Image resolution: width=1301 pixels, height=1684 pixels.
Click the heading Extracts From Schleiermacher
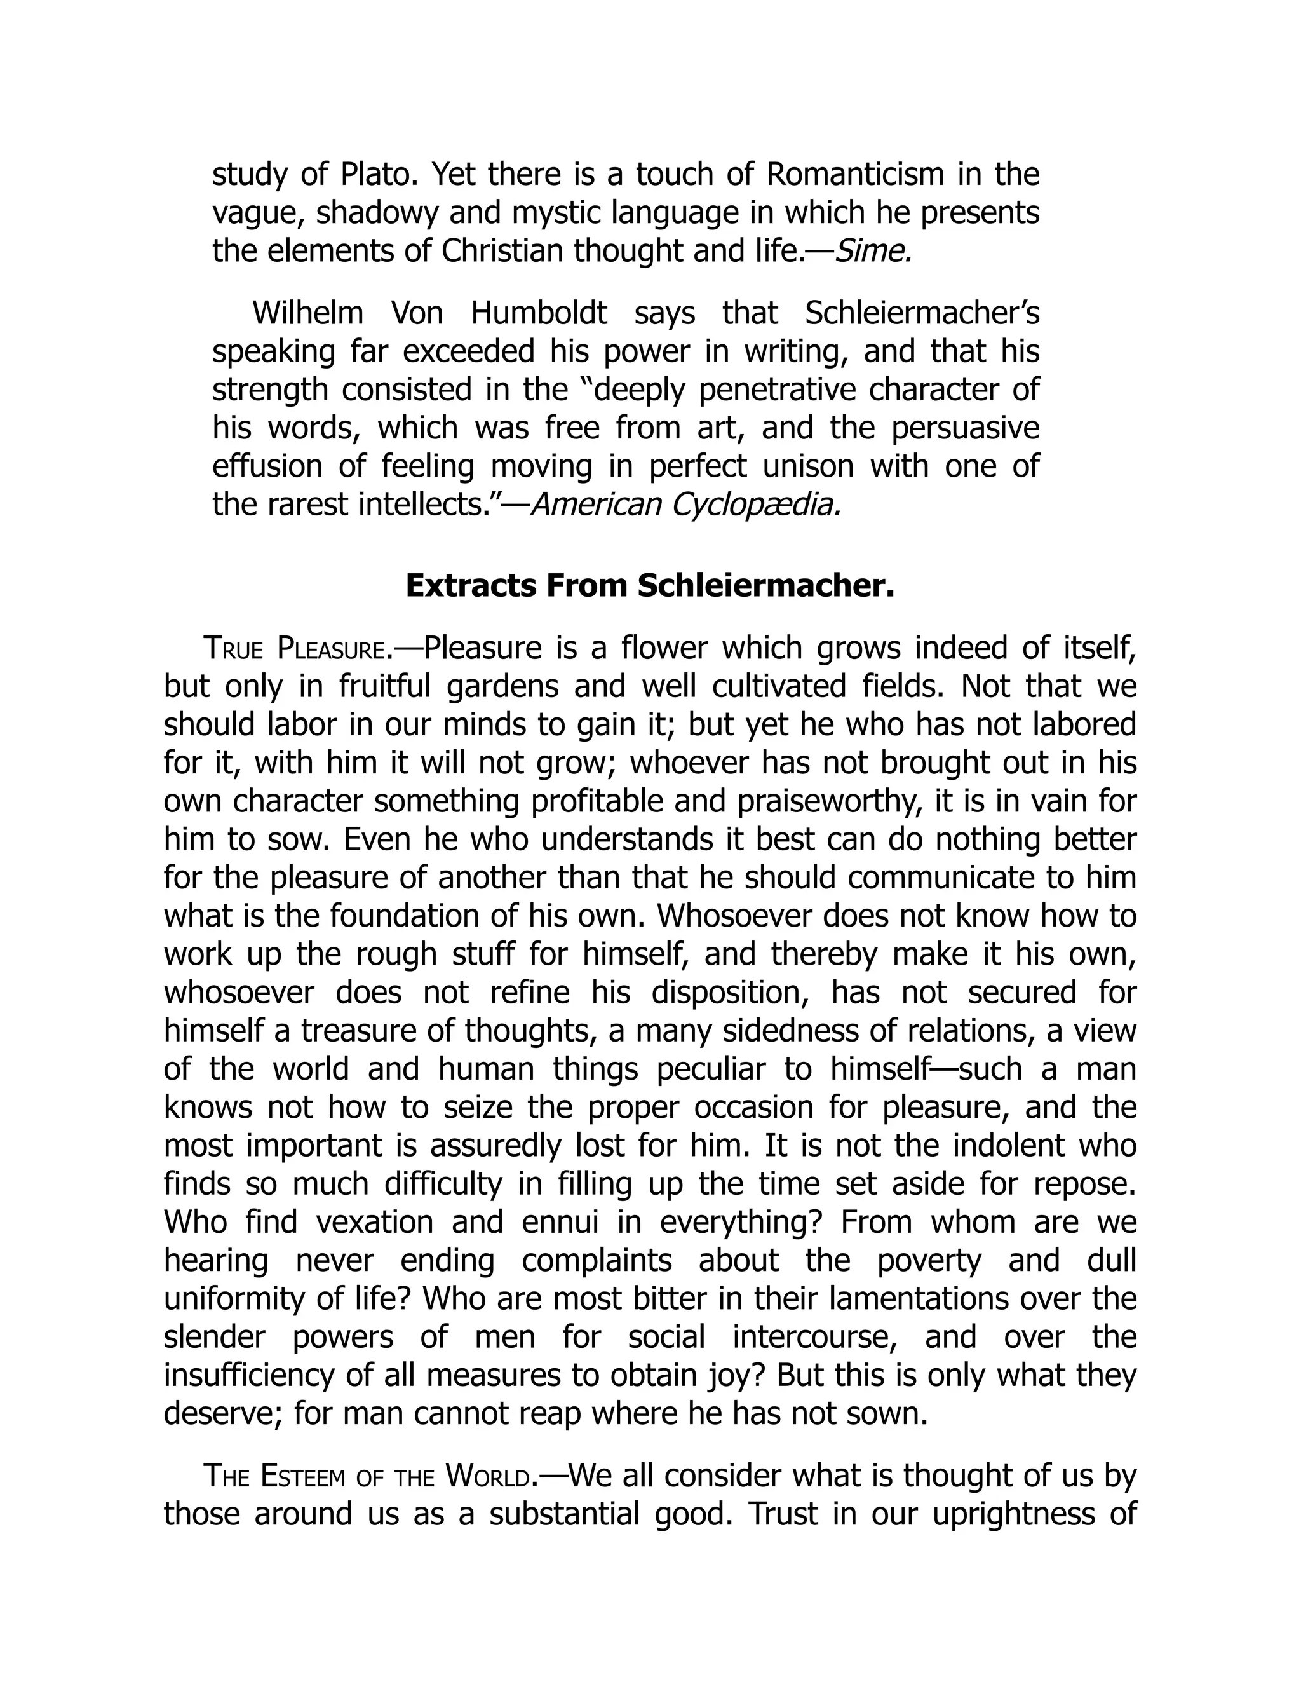[650, 586]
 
